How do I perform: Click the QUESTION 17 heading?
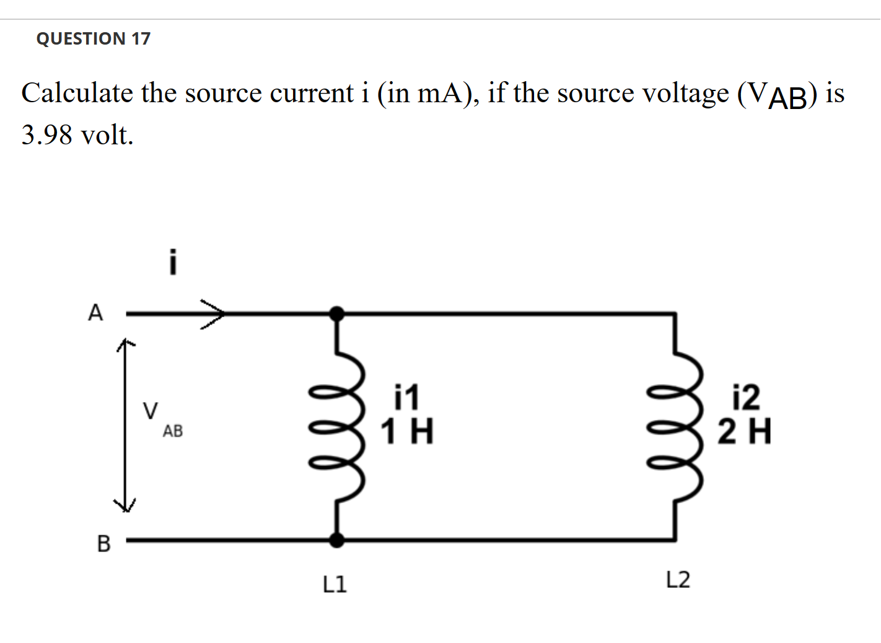click(93, 38)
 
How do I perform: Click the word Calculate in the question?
click(77, 94)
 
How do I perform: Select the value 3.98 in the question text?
click(46, 134)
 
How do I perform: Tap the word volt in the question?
click(107, 134)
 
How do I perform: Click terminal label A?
click(95, 313)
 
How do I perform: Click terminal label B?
click(103, 543)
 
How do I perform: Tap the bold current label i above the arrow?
click(173, 262)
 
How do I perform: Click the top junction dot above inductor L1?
click(336, 314)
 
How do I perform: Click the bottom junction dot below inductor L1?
click(336, 540)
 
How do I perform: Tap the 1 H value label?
click(406, 432)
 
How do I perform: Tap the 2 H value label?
click(745, 432)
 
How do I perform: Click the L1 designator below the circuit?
click(335, 584)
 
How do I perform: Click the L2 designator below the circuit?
click(678, 580)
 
